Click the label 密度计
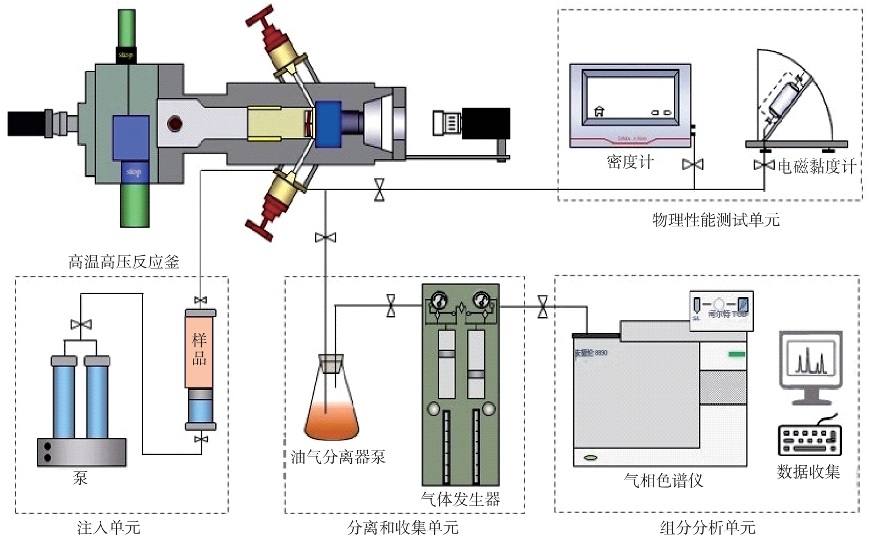pos(630,162)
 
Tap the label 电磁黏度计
pos(816,166)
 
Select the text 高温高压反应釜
pos(124,261)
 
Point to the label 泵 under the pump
pos(80,478)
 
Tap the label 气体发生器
pos(461,499)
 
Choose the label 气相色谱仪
pos(663,481)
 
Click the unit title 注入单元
pos(109,528)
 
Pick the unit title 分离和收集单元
pos(403,528)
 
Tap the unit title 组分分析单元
pos(707,528)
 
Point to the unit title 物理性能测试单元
pos(716,220)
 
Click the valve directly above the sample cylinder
pos(201,300)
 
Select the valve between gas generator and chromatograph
pos(543,307)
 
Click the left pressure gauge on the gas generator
pos(439,300)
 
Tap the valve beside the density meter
pos(693,164)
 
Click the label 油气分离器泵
pos(338,457)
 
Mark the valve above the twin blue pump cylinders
pos(81,324)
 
